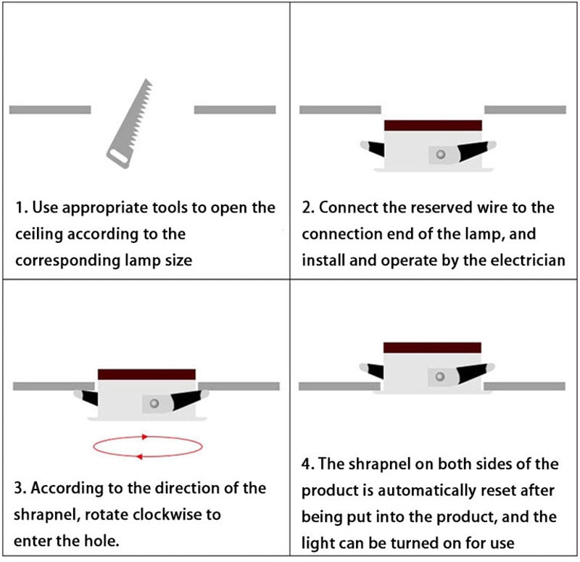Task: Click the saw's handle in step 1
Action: click(x=118, y=157)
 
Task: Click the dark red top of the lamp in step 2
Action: click(x=433, y=125)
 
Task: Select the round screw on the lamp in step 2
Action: click(x=440, y=154)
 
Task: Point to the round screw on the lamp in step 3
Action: click(x=154, y=403)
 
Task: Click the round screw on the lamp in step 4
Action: click(x=440, y=376)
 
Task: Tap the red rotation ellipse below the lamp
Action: click(x=148, y=447)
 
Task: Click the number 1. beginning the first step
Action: click(x=22, y=207)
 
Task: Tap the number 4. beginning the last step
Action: click(x=307, y=464)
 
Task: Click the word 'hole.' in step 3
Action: click(x=101, y=541)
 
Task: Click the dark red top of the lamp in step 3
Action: click(x=146, y=374)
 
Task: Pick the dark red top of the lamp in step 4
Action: click(x=432, y=347)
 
